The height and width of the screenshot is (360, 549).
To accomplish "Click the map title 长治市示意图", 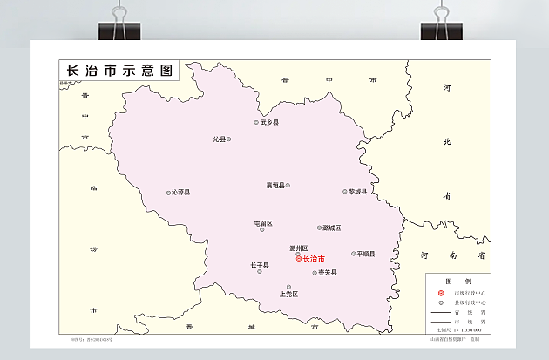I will pos(119,70).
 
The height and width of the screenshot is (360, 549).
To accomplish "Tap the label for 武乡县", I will pos(270,123).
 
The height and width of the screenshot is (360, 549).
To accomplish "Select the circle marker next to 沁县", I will pos(229,139).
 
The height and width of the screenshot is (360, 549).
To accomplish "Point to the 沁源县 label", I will pos(181,193).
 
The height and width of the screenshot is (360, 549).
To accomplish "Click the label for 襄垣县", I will pos(275,185).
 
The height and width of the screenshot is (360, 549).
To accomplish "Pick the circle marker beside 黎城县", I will pos(344,192).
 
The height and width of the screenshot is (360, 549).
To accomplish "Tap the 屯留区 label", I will pos(263,223).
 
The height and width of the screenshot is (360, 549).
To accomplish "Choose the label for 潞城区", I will pos(332,228).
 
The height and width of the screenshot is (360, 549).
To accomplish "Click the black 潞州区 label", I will pos(299,248).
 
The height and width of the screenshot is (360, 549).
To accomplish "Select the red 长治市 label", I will pos(314,259).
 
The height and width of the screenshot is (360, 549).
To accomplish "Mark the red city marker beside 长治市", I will pos(299,259).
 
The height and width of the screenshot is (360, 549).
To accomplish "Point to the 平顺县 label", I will pos(366,254).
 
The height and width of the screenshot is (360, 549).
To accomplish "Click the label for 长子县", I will pos(260,265).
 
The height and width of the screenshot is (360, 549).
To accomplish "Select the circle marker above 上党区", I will pos(289,287).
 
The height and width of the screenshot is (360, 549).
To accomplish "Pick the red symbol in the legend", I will pos(441,293).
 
